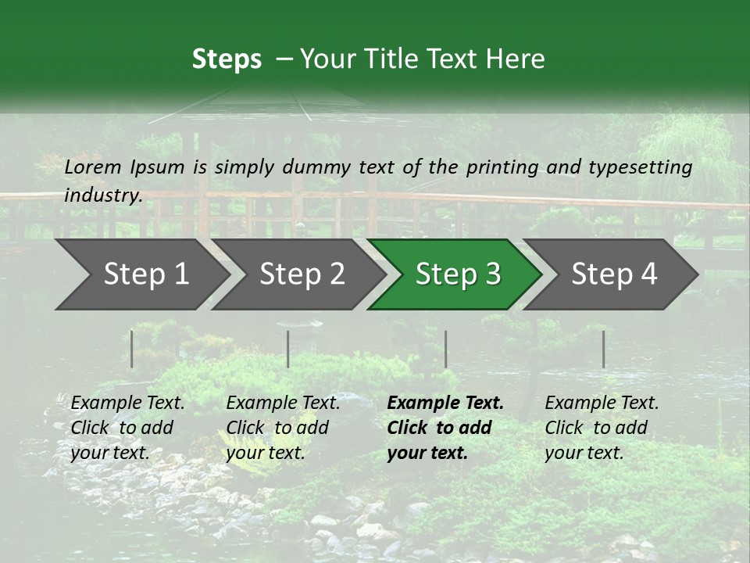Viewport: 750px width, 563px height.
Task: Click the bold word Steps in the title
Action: click(x=227, y=59)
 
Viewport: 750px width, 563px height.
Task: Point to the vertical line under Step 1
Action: click(x=132, y=349)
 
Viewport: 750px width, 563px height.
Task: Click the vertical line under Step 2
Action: click(x=288, y=349)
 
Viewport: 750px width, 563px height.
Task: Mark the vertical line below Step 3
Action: click(x=445, y=349)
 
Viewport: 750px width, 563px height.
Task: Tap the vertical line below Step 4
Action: click(x=603, y=349)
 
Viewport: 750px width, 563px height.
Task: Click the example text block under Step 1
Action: click(x=127, y=428)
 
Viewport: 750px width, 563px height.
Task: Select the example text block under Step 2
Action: click(x=283, y=428)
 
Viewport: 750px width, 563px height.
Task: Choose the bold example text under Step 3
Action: click(x=445, y=428)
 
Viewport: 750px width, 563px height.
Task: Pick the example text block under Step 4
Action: click(x=602, y=428)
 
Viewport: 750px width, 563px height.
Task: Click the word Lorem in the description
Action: click(x=93, y=167)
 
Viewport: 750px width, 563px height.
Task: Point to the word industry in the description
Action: click(x=102, y=195)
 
